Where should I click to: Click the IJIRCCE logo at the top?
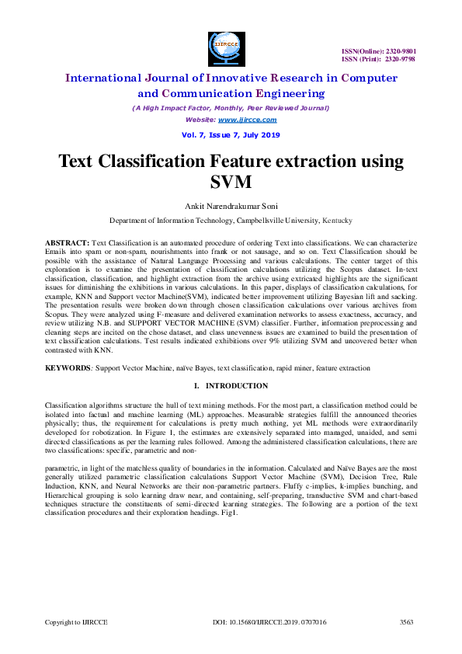(227, 49)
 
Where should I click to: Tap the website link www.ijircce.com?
(247, 120)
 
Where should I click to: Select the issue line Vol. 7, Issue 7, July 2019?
(231, 134)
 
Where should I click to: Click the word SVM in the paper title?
(231, 183)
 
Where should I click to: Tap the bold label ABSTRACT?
(67, 243)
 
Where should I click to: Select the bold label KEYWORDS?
(66, 367)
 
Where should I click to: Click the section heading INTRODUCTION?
(237, 386)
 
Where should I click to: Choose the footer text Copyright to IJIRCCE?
(75, 622)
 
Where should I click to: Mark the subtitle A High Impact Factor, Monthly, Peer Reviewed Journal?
(231, 108)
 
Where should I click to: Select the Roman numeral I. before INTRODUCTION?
(196, 386)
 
